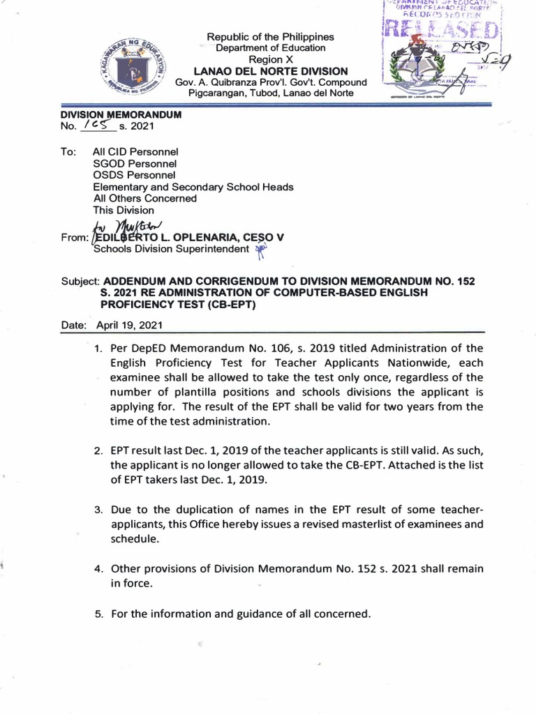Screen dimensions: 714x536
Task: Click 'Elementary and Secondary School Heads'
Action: pyautogui.click(x=193, y=186)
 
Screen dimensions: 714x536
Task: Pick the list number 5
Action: pyautogui.click(x=98, y=614)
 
